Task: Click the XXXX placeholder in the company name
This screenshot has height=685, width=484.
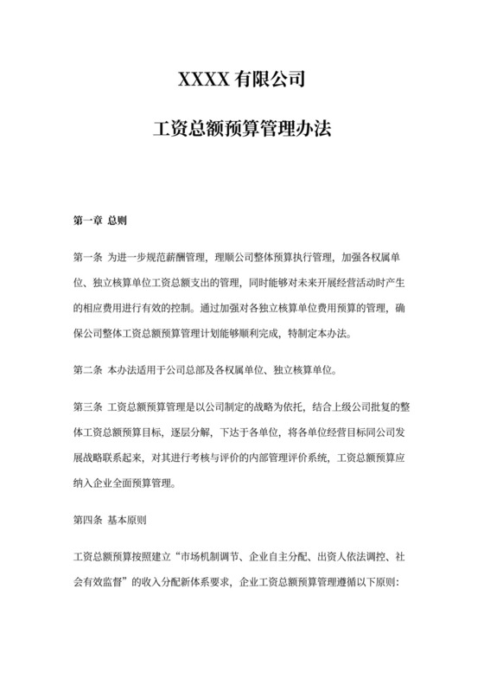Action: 202,81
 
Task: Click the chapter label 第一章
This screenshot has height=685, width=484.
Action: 87,220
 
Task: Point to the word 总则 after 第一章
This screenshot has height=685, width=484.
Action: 117,220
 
